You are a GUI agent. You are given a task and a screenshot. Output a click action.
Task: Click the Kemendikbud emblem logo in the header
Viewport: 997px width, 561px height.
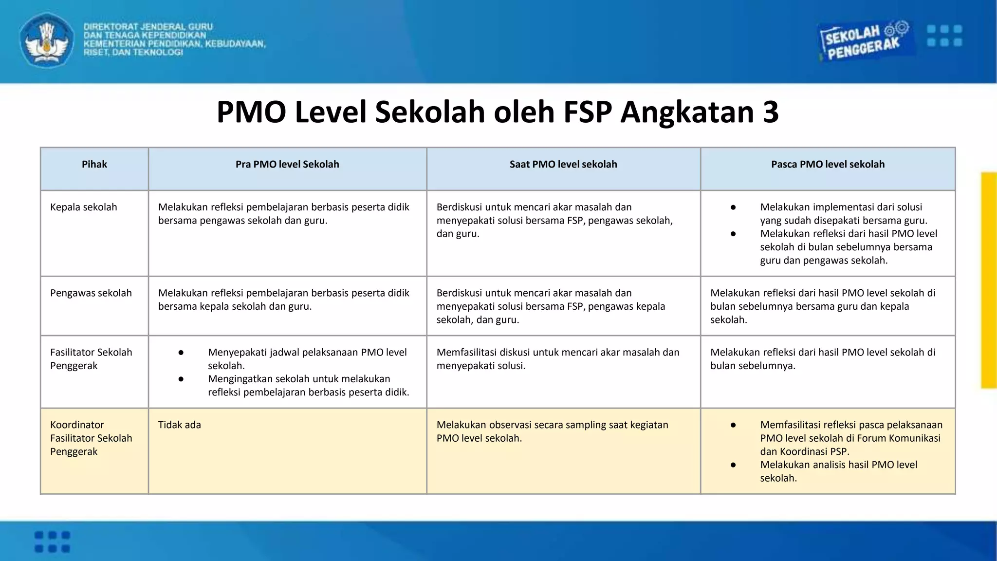[x=47, y=40]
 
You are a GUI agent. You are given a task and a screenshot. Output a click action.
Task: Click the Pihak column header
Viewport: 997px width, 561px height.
[x=94, y=165]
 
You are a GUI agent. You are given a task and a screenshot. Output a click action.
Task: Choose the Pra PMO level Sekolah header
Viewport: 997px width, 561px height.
[x=287, y=165]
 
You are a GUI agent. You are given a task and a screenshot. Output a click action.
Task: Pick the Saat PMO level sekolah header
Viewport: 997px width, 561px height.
[x=563, y=165]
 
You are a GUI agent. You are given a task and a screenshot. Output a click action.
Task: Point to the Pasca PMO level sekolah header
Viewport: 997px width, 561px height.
[x=828, y=165]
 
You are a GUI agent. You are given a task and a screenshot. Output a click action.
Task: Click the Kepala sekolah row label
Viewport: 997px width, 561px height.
[x=84, y=207]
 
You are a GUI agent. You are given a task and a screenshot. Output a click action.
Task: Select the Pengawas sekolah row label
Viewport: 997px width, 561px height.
[x=91, y=293]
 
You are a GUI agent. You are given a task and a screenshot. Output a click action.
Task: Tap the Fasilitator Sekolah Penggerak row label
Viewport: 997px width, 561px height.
[x=91, y=359]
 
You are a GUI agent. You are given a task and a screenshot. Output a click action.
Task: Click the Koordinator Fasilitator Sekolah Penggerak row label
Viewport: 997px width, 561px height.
[x=91, y=438]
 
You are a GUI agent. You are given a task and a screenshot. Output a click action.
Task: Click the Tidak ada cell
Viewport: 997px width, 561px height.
[x=180, y=425]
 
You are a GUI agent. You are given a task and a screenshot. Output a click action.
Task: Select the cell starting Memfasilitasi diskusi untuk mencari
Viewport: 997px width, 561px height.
[x=557, y=359]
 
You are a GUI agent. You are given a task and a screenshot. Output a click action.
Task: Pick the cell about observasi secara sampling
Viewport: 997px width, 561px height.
[x=552, y=431]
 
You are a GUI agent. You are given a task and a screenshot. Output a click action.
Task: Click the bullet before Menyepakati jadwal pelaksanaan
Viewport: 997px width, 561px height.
[x=181, y=353]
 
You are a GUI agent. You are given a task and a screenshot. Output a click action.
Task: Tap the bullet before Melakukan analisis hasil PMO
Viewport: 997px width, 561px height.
[x=733, y=465]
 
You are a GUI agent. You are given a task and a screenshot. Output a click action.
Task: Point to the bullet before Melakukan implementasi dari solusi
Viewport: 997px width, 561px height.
[x=733, y=207]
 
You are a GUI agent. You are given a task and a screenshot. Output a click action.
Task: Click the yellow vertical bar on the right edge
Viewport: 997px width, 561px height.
[x=989, y=280]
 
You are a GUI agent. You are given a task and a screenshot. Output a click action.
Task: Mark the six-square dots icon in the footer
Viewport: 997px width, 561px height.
[x=53, y=542]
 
